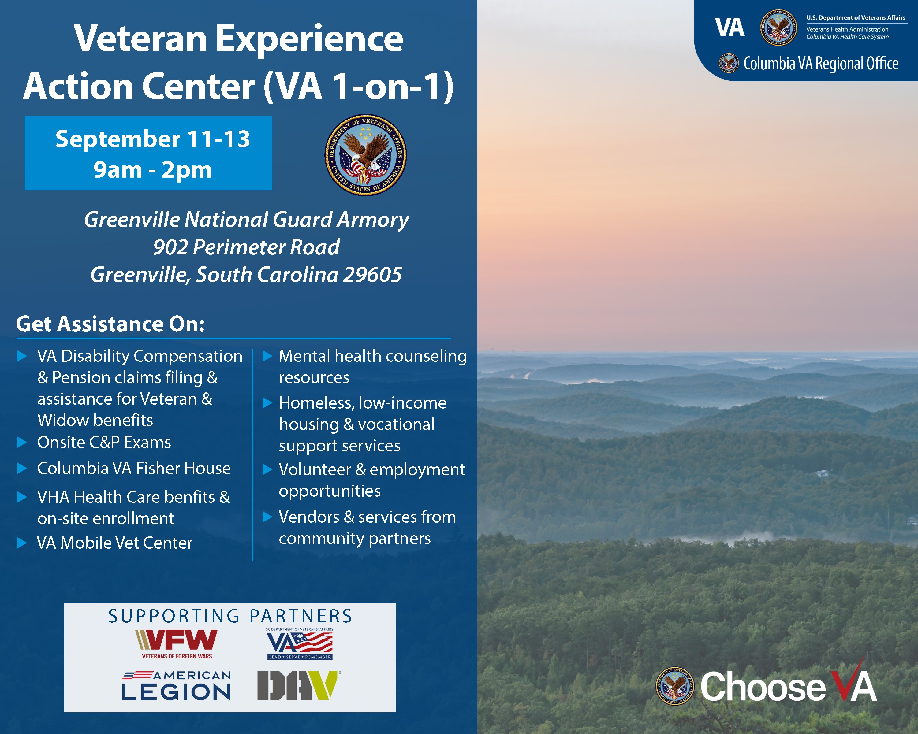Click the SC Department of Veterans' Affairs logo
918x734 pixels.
[300, 644]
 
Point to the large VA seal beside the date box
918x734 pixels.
[366, 155]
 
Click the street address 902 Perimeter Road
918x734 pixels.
[246, 247]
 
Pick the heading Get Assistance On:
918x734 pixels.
[110, 324]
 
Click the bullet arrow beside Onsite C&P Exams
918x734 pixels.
[22, 443]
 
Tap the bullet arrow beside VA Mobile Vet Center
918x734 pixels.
[22, 543]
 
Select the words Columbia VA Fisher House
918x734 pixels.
[134, 468]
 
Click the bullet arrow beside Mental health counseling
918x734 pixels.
[267, 356]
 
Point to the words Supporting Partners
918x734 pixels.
[230, 616]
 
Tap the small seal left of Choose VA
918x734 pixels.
[675, 685]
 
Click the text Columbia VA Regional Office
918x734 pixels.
[821, 63]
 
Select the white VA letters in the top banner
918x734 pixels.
[730, 28]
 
